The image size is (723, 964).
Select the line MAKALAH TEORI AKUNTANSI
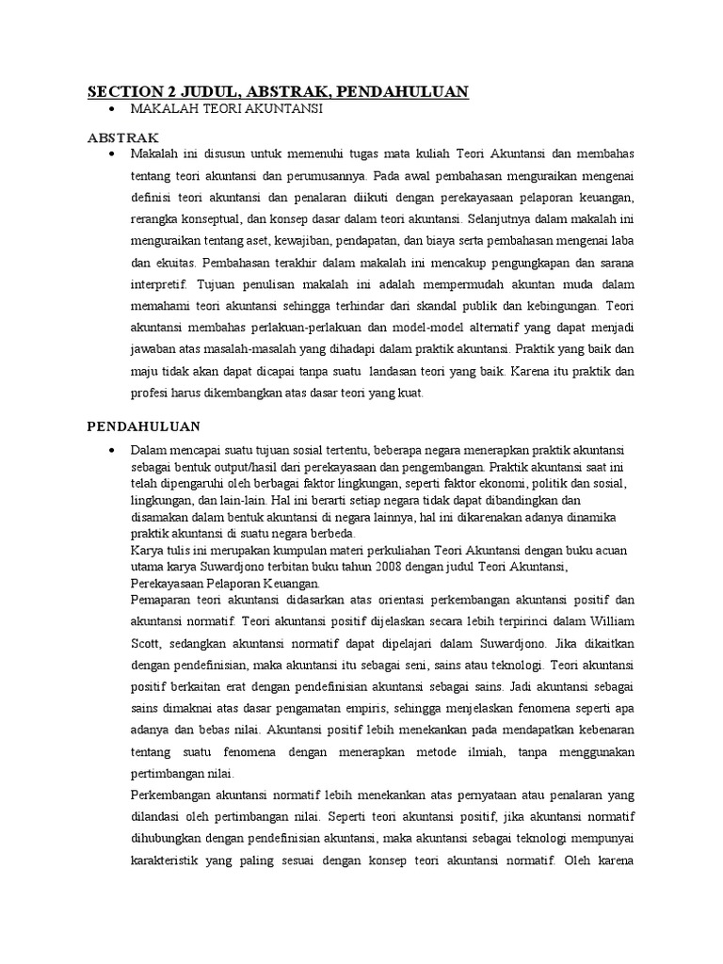[227, 110]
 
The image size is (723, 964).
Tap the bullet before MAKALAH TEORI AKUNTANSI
[112, 111]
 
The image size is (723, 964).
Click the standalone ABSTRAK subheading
[119, 137]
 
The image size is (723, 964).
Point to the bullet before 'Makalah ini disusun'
[112, 153]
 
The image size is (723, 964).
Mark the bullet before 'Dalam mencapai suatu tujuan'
[112, 450]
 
